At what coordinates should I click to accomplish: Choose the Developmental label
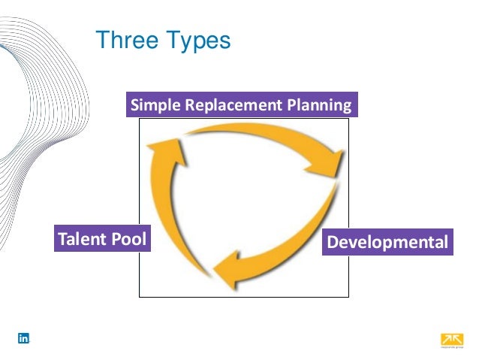click(x=387, y=243)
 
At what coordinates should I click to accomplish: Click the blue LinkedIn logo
click(x=23, y=339)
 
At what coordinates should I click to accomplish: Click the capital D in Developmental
click(x=333, y=243)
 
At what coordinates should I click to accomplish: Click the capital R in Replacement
click(x=188, y=105)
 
